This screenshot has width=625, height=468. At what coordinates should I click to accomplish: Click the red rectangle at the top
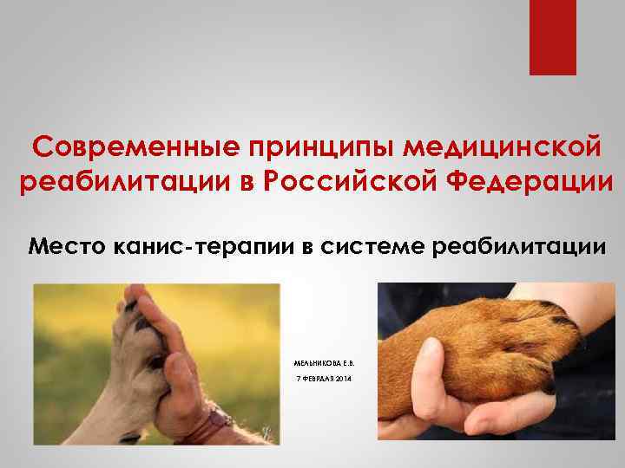coord(553,36)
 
